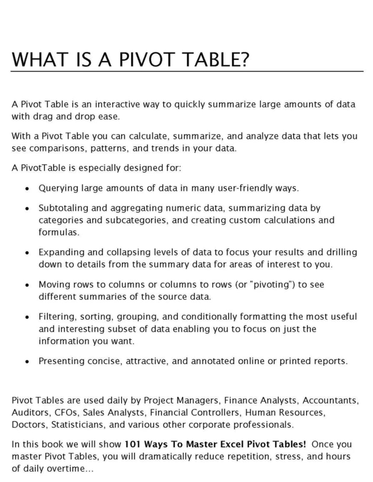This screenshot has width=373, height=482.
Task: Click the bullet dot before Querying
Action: point(27,189)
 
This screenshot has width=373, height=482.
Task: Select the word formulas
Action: point(58,232)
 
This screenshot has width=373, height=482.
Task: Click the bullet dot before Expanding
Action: point(27,252)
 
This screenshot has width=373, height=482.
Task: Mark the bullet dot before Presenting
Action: point(27,361)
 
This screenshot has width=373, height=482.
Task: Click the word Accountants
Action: point(330,400)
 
